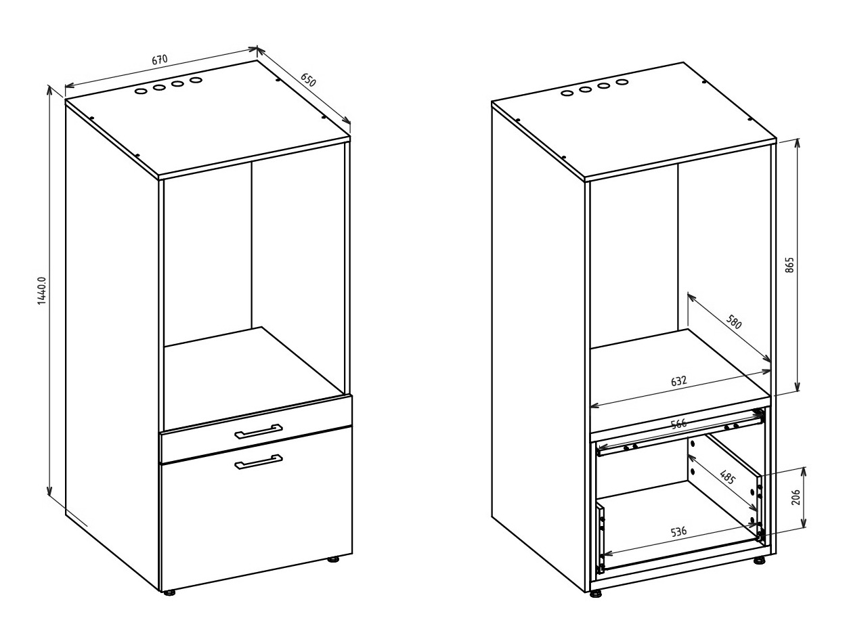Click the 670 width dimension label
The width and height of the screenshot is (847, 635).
[x=160, y=60]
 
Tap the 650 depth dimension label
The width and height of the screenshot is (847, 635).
[x=308, y=80]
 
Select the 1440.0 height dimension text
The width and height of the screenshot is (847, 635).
[x=42, y=290]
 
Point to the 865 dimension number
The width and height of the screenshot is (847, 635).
[x=789, y=265]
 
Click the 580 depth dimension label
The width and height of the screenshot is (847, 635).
[x=733, y=322]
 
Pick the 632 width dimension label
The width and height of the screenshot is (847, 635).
[x=679, y=381]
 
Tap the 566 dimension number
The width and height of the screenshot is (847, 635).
[x=679, y=424]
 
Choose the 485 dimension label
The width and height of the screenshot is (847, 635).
[x=728, y=477]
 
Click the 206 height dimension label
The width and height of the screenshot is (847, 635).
[x=796, y=498]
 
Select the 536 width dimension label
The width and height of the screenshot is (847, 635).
[x=679, y=531]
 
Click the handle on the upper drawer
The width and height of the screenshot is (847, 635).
[x=259, y=431]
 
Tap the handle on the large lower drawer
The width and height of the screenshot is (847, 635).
[x=259, y=462]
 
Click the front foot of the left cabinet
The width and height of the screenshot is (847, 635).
[x=169, y=592]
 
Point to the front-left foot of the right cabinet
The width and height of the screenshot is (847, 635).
[x=596, y=594]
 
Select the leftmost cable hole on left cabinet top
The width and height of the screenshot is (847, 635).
[x=141, y=92]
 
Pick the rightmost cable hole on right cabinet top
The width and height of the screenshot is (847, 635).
[x=622, y=82]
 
